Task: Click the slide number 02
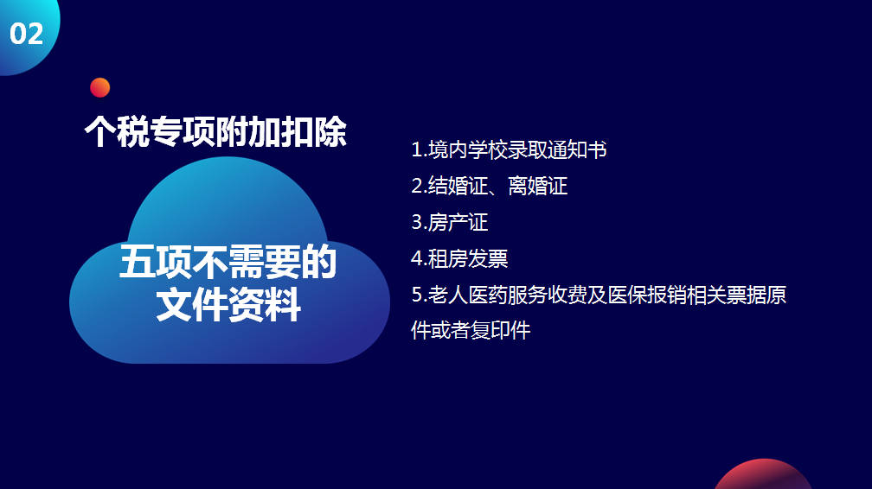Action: tap(26, 34)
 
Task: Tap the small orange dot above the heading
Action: tap(100, 87)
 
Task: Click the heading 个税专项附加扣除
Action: tap(215, 131)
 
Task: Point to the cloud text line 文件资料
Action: tap(228, 304)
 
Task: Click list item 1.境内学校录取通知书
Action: tap(509, 149)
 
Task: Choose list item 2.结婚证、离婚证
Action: tap(490, 186)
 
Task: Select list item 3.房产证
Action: tap(450, 222)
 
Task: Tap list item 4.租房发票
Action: tap(460, 258)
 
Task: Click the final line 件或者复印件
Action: tap(471, 330)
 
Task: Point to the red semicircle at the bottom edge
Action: tap(763, 474)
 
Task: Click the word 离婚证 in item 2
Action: tap(538, 186)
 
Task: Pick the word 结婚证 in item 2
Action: tap(458, 186)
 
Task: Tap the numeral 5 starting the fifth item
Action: tap(417, 295)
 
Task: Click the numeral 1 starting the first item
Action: tap(417, 149)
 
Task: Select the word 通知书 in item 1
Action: tap(577, 149)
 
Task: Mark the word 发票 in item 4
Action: tap(488, 258)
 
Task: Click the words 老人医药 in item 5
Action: tap(467, 295)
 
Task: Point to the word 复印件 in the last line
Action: tap(501, 330)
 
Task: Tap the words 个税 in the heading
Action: tap(118, 131)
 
